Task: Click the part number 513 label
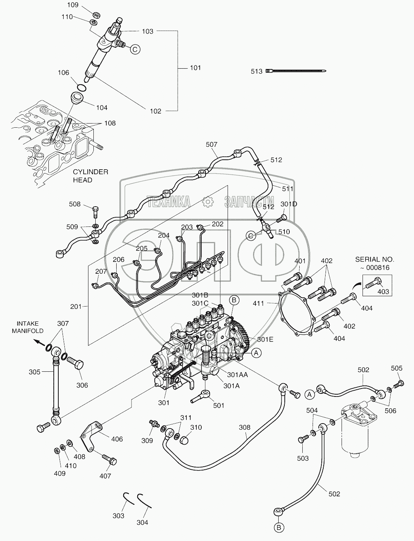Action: click(257, 71)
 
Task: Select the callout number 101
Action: click(195, 68)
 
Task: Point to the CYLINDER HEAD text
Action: click(90, 176)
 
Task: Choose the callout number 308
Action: click(245, 427)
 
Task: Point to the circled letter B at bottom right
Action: click(279, 528)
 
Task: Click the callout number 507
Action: click(211, 144)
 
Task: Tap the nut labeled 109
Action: click(96, 15)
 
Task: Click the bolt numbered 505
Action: click(399, 384)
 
